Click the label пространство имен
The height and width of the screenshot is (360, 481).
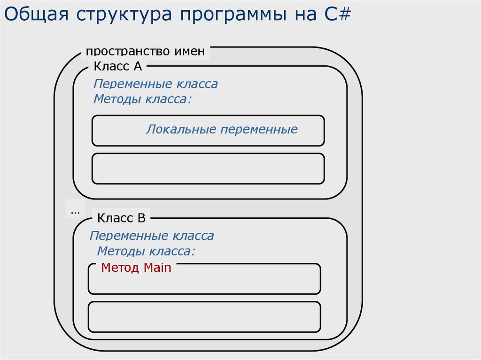(x=146, y=51)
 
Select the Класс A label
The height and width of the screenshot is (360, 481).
(x=118, y=66)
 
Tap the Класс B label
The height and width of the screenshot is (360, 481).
(x=122, y=218)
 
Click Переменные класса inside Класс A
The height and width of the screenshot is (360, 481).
(x=155, y=84)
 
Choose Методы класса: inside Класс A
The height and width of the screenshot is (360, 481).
(x=143, y=100)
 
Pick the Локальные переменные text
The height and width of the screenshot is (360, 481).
(x=222, y=130)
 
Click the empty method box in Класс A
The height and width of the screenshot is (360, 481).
(x=208, y=168)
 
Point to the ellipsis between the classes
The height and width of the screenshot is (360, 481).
(x=75, y=211)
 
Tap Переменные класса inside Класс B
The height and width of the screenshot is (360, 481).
(x=152, y=236)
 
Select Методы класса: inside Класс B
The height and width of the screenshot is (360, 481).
(x=146, y=251)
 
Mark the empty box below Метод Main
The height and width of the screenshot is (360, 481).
(x=204, y=317)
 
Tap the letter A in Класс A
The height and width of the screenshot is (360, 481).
(x=137, y=66)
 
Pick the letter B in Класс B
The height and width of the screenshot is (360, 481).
(x=141, y=218)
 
